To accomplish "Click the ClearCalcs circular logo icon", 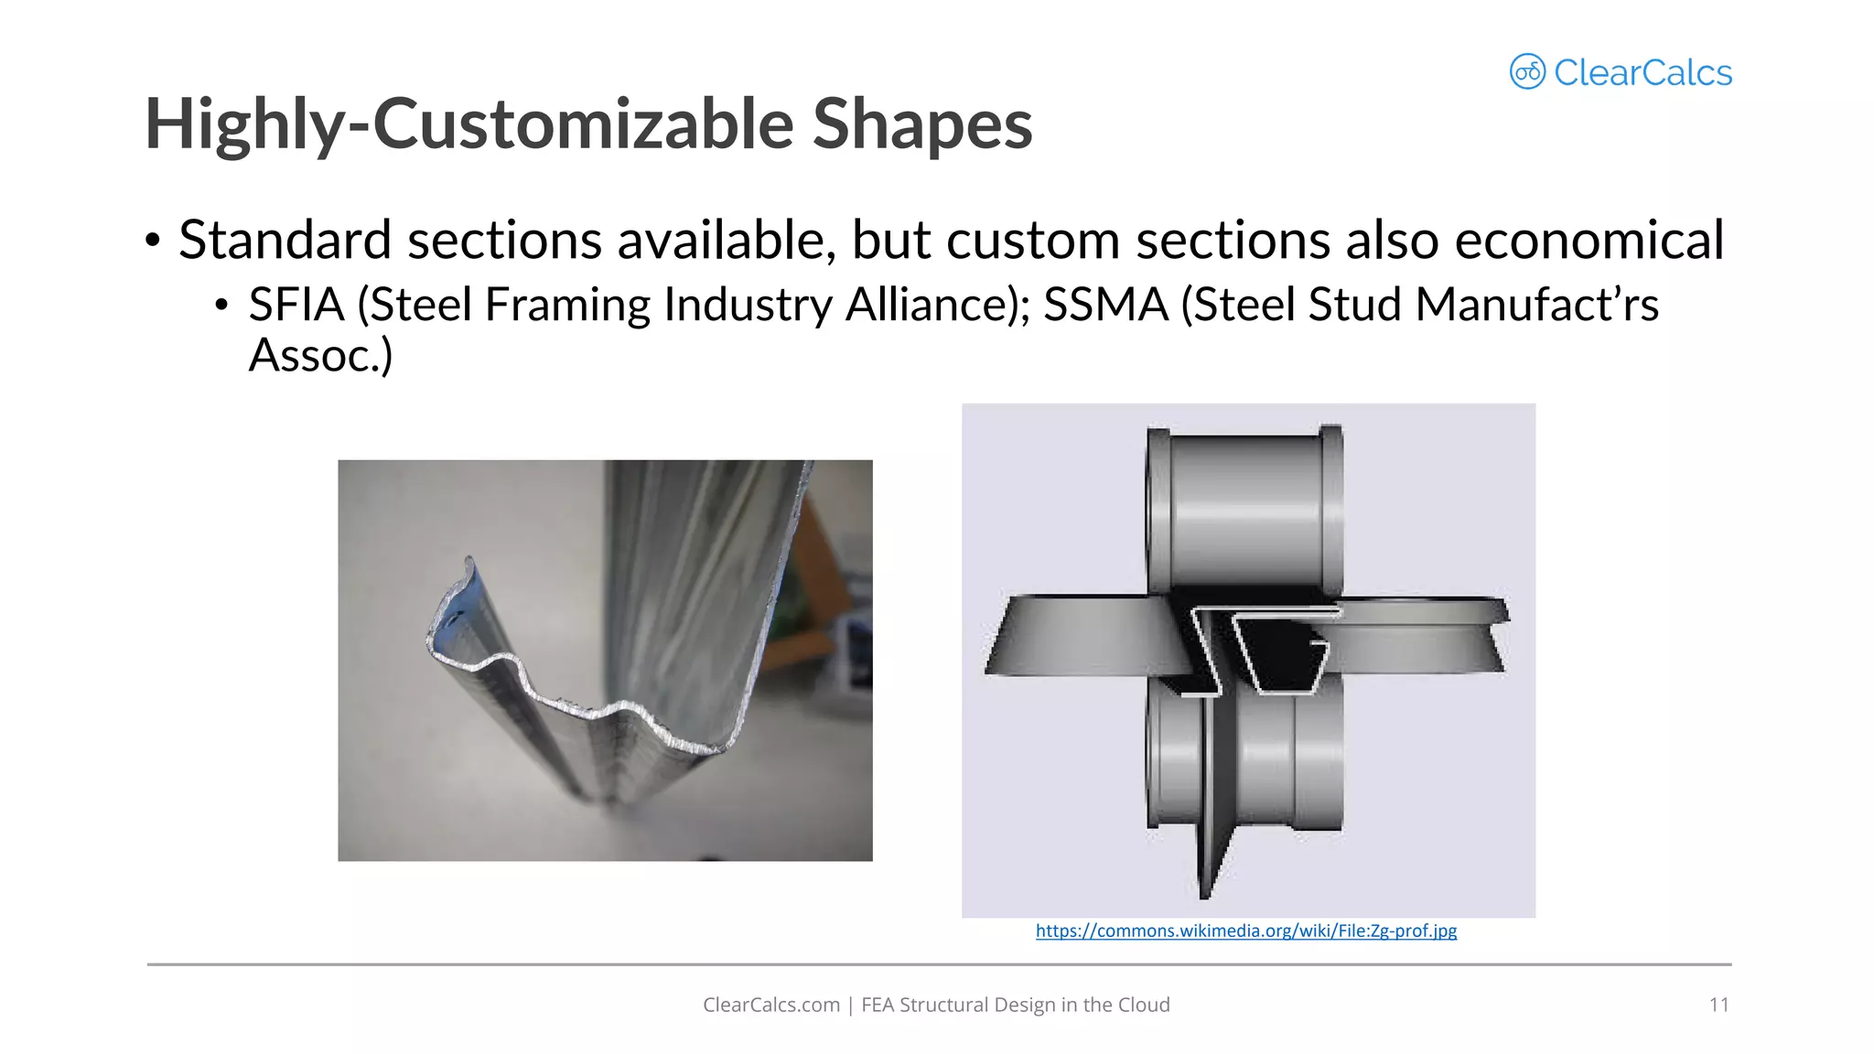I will (1527, 71).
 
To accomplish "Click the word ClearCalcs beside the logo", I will (1642, 73).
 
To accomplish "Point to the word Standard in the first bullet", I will (285, 241).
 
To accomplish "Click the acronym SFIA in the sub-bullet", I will (296, 305).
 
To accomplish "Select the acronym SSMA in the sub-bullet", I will (1105, 305).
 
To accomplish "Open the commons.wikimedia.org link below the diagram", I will (1245, 930).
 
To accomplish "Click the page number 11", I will (1718, 1005).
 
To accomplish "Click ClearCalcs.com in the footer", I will (770, 1005).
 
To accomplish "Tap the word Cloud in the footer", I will (1144, 1005).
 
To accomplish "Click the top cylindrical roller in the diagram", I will (1245, 508).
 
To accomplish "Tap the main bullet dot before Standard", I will (153, 242).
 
